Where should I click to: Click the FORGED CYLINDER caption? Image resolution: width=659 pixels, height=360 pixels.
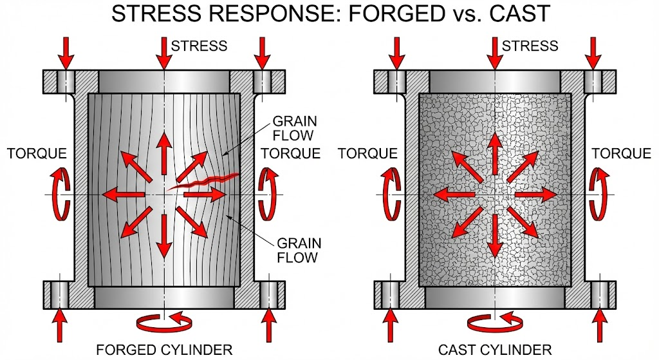(164, 350)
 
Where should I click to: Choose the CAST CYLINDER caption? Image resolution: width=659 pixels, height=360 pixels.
(495, 350)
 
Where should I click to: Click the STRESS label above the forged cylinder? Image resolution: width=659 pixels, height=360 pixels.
(199, 46)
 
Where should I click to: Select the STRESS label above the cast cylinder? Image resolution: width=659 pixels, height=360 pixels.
(530, 46)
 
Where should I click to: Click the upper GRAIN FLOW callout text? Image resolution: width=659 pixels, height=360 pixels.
(293, 128)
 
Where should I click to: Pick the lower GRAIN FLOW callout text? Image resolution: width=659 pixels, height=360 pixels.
(297, 251)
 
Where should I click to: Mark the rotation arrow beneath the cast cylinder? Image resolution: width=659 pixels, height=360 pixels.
(495, 320)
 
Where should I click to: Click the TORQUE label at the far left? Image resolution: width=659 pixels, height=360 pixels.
(37, 153)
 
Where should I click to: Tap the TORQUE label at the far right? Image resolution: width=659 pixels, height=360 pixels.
(621, 153)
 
